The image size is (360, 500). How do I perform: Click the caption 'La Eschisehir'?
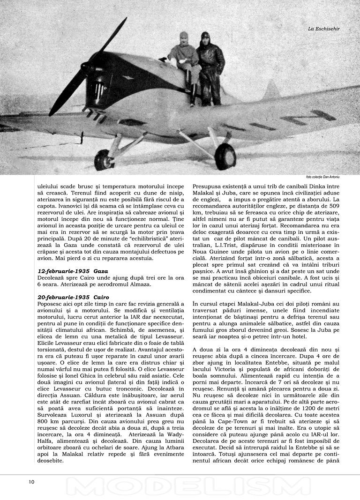(x=323, y=29)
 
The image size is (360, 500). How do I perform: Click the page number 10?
(x=31, y=482)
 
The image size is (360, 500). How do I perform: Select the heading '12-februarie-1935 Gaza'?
(x=73, y=271)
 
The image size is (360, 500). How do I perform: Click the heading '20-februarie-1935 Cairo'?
(x=73, y=297)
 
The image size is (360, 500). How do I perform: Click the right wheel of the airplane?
(x=225, y=157)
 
